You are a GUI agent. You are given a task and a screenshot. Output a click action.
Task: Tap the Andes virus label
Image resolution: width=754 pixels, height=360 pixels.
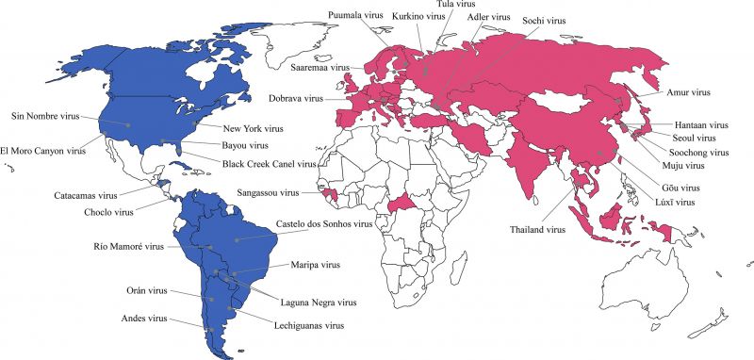(x=144, y=319)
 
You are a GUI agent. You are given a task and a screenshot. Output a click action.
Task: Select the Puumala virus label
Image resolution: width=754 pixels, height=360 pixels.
(x=357, y=16)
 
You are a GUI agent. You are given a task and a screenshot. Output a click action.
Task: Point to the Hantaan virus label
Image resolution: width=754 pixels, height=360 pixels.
(x=701, y=124)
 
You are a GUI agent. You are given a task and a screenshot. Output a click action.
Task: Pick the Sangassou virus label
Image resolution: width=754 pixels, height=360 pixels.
(x=268, y=192)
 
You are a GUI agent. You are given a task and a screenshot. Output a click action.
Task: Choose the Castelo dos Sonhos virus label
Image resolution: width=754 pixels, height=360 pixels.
(x=323, y=225)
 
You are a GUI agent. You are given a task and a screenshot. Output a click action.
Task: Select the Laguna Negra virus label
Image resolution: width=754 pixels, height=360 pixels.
(x=320, y=303)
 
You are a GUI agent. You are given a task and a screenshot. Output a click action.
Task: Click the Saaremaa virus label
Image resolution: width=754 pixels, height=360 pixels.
(x=320, y=69)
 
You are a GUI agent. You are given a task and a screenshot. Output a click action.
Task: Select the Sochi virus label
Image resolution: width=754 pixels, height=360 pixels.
(x=544, y=19)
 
